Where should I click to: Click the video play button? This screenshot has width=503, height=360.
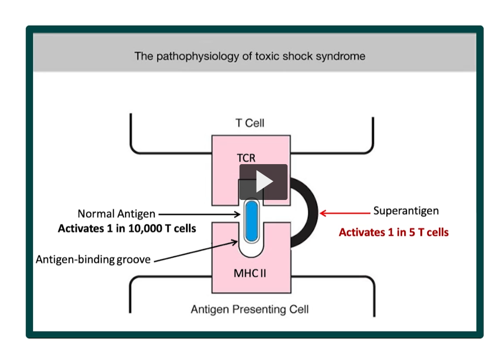264,182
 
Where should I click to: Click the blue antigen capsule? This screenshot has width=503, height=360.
251,221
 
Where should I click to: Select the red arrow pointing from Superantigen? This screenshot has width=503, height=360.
344,212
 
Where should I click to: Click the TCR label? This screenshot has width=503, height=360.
246,158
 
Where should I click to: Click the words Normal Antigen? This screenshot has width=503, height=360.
116,214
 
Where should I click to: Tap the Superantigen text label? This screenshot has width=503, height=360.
405,211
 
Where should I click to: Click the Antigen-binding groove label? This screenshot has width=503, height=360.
93,260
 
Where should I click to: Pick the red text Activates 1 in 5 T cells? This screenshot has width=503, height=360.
393,233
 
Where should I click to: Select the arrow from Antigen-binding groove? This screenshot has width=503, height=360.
195,252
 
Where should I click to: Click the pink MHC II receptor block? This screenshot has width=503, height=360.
227,272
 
